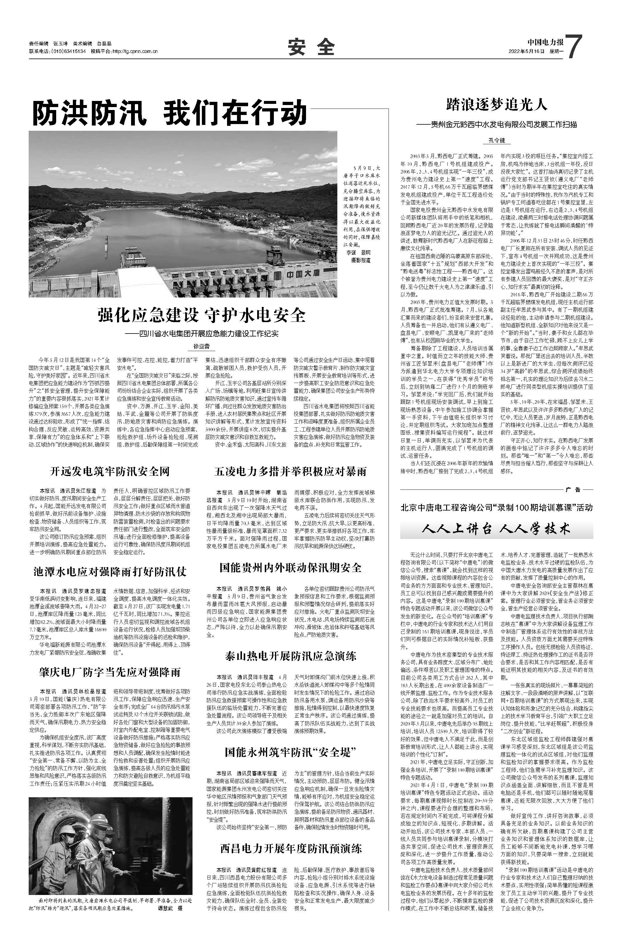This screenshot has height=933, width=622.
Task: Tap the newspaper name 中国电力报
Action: [x=545, y=42]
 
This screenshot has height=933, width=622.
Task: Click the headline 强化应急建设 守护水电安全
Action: [x=202, y=315]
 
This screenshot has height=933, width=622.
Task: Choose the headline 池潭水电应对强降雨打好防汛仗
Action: [x=110, y=571]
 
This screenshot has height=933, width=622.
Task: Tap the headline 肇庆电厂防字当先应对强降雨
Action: [x=110, y=671]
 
